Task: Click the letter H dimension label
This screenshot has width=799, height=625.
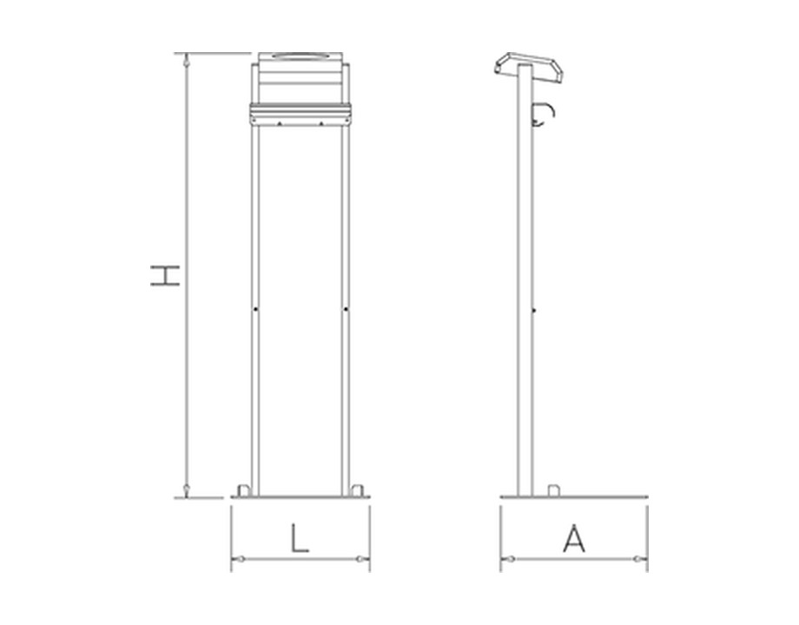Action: click(165, 275)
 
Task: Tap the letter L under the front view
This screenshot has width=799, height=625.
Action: click(300, 538)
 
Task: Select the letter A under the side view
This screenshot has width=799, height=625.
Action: click(574, 539)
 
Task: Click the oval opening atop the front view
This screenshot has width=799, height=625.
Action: click(300, 56)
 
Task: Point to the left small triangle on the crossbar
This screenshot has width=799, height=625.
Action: click(280, 123)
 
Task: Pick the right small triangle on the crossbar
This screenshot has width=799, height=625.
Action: click(321, 123)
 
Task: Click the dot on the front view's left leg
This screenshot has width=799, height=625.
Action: click(255, 309)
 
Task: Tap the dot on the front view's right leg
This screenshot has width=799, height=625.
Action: click(346, 309)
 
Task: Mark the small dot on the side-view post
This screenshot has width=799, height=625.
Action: click(533, 310)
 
